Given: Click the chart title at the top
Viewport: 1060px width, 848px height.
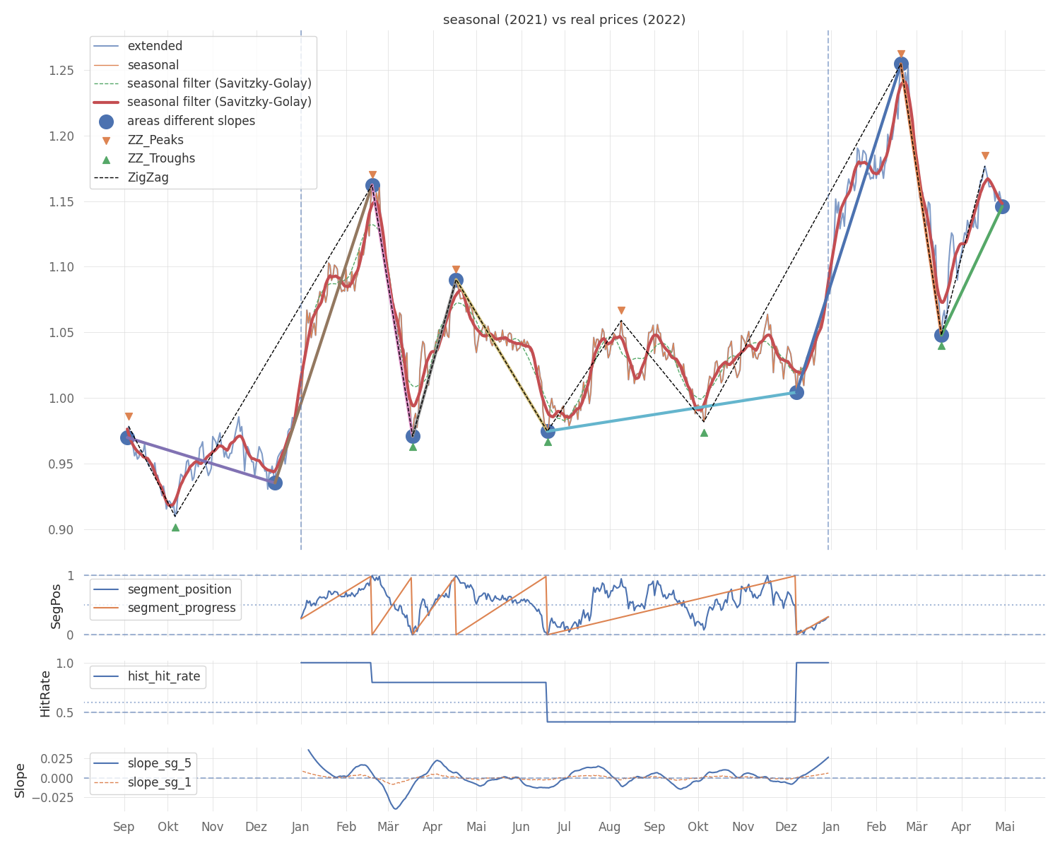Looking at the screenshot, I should point(564,20).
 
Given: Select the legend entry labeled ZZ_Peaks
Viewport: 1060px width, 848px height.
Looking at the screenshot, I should point(155,140).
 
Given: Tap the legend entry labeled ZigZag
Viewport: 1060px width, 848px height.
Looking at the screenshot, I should point(148,177).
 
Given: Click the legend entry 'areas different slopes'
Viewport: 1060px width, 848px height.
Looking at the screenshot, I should point(191,121).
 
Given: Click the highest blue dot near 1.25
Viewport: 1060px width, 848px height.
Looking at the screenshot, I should point(901,64).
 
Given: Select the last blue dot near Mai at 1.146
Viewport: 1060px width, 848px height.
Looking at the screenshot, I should point(1002,206).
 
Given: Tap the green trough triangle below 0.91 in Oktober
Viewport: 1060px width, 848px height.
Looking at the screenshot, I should point(175,527).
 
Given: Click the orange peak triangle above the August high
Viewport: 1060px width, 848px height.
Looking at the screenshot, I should point(621,311).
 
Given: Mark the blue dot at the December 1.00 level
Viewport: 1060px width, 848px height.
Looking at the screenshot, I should point(796,392).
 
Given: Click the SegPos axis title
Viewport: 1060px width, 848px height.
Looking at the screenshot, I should point(57,606).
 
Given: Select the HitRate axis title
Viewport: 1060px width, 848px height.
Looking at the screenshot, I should point(46,693).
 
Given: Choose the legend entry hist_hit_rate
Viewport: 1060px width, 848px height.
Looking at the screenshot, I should point(163,676).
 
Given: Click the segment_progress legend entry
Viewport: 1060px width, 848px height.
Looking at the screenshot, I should point(182,608).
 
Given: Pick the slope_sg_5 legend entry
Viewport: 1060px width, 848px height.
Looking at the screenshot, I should point(159,763).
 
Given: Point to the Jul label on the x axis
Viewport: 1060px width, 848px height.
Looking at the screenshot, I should point(564,827).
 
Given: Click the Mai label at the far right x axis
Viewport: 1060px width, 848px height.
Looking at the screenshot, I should point(1005,827).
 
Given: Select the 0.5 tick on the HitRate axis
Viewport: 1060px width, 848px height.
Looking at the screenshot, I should point(65,712).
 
